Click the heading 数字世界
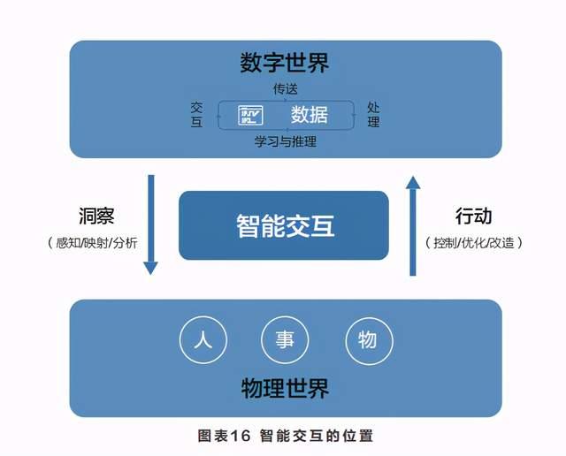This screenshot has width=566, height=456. [285, 63]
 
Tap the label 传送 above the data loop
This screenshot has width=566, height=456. [285, 88]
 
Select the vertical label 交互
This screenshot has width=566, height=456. [196, 114]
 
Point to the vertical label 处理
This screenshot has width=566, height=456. [373, 114]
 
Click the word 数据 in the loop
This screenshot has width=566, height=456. [310, 115]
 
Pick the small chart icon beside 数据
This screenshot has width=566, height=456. [250, 116]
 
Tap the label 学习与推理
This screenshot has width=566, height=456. [285, 141]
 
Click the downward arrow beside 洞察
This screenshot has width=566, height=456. [151, 224]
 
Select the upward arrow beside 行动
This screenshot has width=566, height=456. [413, 226]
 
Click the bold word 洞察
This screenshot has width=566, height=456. [96, 217]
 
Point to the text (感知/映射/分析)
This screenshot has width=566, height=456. [92, 243]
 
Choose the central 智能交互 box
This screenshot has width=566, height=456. [284, 225]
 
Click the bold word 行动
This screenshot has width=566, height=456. [473, 217]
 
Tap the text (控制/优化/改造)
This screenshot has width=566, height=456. [474, 243]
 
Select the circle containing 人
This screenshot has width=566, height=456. [203, 339]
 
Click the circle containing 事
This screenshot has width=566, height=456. [285, 339]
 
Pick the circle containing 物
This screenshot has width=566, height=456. [370, 339]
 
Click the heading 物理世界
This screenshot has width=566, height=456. [285, 388]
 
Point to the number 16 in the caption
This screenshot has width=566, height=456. [240, 436]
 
